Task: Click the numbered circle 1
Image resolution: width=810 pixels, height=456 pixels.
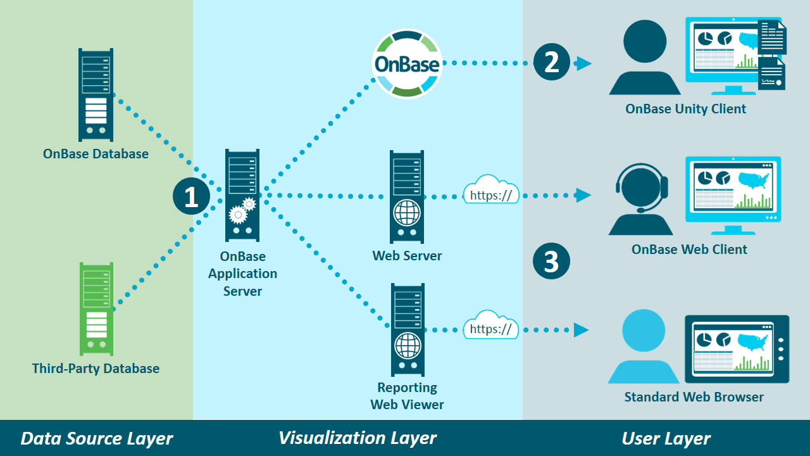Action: (x=191, y=196)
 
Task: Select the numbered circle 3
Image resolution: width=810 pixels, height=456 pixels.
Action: (x=552, y=261)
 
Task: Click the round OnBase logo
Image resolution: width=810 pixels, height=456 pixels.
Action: (x=406, y=64)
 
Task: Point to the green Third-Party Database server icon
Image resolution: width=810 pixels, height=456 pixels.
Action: (x=96, y=308)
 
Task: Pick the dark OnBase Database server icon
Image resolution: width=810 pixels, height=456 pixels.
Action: (x=96, y=95)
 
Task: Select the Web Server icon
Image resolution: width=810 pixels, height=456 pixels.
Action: (x=406, y=196)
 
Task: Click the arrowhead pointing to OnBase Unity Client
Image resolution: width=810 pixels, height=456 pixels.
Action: (x=583, y=63)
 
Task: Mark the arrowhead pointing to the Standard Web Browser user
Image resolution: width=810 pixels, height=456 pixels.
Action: (x=581, y=329)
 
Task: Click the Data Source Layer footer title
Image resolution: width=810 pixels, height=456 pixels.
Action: (x=97, y=438)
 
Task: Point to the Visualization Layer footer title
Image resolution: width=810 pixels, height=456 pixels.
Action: (x=358, y=438)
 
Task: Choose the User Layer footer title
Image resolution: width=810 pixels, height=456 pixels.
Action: (x=666, y=438)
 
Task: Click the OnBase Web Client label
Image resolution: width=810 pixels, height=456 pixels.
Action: (x=689, y=250)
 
